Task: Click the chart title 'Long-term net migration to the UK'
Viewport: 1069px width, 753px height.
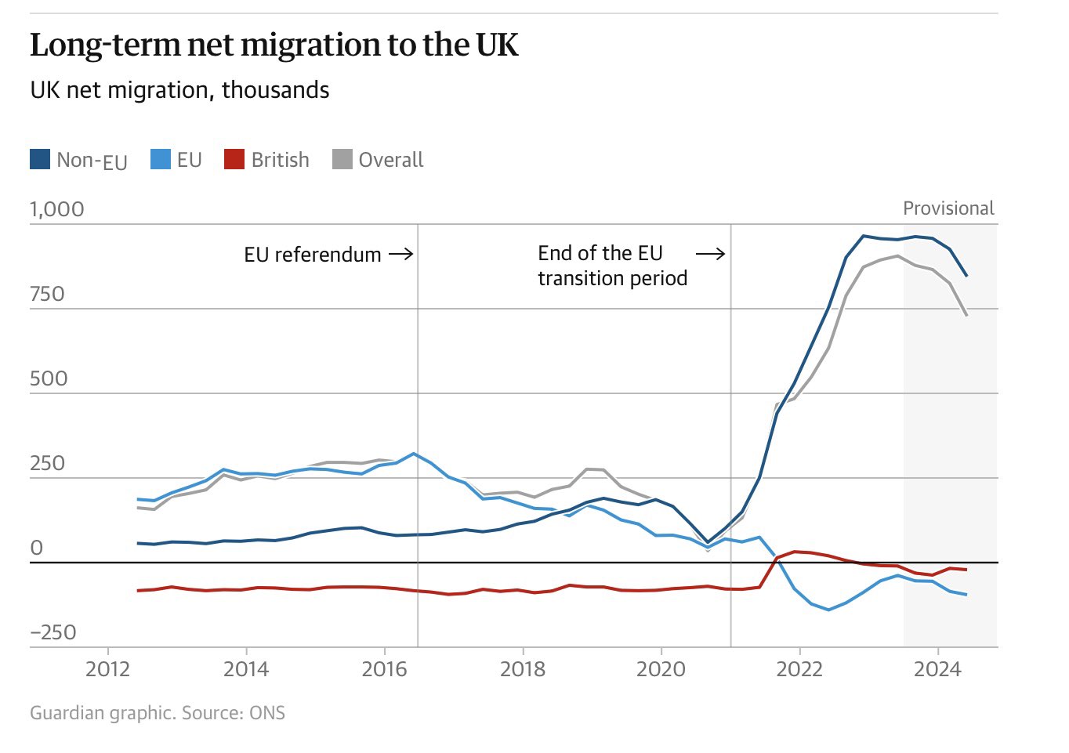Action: tap(274, 45)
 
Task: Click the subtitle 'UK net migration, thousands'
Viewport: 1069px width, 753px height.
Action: tap(179, 90)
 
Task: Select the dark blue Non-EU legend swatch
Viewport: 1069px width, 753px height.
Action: tap(40, 160)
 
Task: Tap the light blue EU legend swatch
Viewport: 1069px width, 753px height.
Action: tap(160, 160)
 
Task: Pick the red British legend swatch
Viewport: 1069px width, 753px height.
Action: tap(234, 160)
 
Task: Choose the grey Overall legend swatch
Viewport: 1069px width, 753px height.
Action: tap(342, 160)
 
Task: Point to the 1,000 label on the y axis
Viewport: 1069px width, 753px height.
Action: tap(56, 209)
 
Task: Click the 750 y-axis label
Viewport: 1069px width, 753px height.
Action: tap(47, 294)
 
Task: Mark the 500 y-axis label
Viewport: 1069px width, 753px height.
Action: tap(49, 378)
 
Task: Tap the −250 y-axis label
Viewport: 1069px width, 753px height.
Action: tap(53, 632)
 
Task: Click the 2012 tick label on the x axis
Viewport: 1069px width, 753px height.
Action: tap(108, 669)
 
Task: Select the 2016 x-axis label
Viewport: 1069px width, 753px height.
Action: tap(384, 669)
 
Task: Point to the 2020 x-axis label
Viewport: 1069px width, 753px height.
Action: tap(661, 669)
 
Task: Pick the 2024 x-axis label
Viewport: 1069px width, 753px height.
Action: tap(937, 669)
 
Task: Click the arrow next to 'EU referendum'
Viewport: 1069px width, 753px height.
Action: tap(400, 254)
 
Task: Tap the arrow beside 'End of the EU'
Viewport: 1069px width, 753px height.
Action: tap(710, 253)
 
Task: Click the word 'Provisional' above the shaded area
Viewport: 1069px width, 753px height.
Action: tap(948, 208)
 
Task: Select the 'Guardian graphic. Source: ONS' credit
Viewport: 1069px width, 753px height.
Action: tap(158, 713)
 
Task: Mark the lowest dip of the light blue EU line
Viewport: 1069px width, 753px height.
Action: tap(828, 610)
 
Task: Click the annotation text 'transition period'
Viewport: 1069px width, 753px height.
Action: tap(612, 278)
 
